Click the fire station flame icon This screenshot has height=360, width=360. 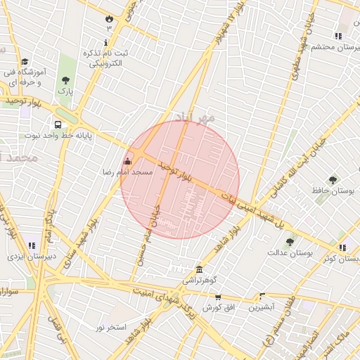tap(109, 18)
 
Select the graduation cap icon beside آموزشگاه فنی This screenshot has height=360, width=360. tap(25, 62)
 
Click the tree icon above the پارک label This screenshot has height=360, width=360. tap(65, 80)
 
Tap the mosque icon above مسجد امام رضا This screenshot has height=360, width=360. tap(127, 162)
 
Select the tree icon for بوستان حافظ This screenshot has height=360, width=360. tap(333, 180)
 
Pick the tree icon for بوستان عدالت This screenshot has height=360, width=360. tap(290, 242)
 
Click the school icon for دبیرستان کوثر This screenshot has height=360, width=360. tap(342, 247)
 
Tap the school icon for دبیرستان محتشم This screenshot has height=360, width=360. tap(338, 36)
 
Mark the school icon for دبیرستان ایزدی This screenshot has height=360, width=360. tap(32, 245)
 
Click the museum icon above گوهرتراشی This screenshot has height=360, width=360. tap(200, 270)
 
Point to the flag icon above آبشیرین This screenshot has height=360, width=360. tap(263, 297)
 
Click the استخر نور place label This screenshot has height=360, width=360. tap(111, 328)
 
